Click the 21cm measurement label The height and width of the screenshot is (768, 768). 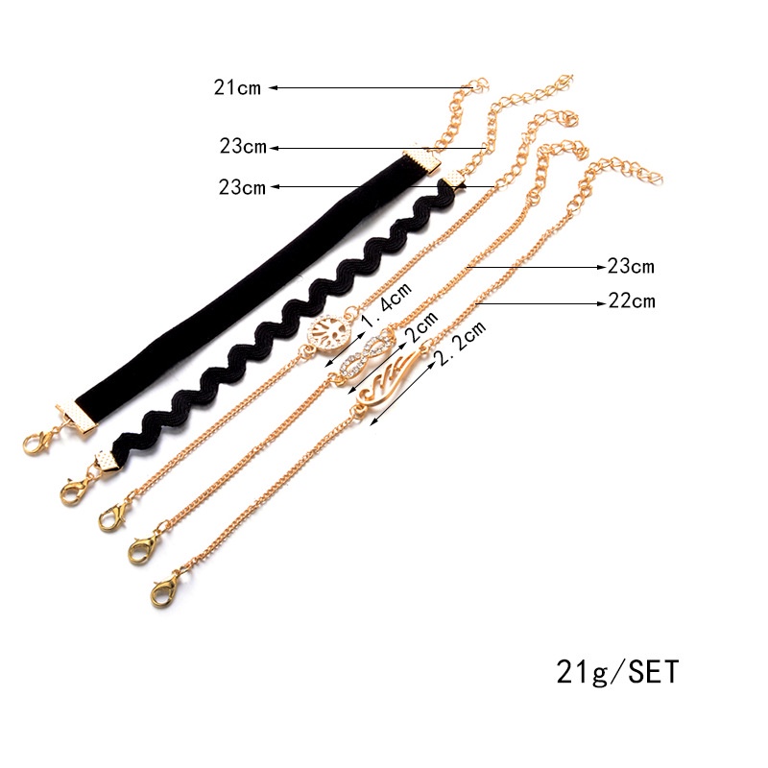pos(237,88)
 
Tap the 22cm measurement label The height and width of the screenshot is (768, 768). pos(632,300)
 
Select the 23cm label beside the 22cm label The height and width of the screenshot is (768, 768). pos(631,266)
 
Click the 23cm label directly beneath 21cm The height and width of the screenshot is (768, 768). pos(243,146)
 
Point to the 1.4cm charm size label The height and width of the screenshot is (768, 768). pos(387,305)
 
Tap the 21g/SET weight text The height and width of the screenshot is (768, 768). pos(617,671)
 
